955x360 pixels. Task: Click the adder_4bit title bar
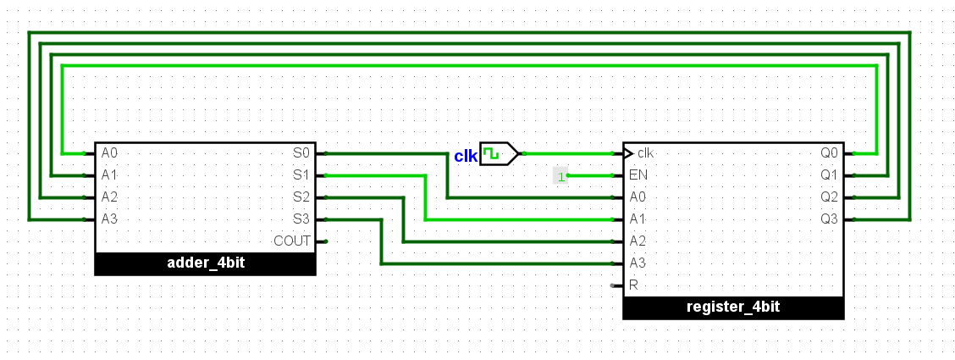pos(205,263)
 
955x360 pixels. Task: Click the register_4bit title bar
pos(733,307)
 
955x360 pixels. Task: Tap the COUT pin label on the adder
pos(292,241)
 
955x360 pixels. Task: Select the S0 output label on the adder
pos(301,152)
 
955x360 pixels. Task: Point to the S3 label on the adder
pos(301,219)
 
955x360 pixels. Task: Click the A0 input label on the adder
pos(109,152)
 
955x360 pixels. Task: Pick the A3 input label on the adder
pos(109,219)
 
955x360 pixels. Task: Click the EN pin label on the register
pos(638,175)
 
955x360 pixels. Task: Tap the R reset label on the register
pos(633,285)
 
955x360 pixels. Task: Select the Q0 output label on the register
pos(830,152)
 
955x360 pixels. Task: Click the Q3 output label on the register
pos(830,219)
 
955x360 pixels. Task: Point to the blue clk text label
pos(466,157)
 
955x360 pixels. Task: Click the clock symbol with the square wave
pos(500,153)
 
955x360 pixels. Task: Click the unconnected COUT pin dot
pos(326,241)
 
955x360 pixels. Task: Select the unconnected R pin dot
pos(613,285)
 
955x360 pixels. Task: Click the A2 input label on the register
pos(638,241)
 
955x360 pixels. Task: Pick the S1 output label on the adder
pos(301,175)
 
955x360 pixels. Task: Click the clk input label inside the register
pos(645,152)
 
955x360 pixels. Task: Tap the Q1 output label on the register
pos(830,175)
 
